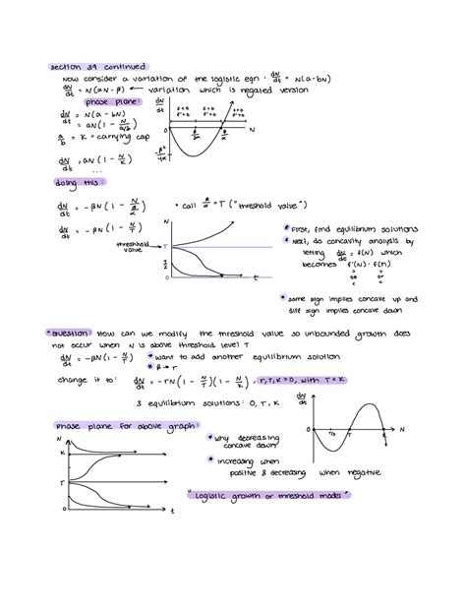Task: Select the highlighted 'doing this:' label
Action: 80,182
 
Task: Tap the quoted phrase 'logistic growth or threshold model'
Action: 267,495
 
